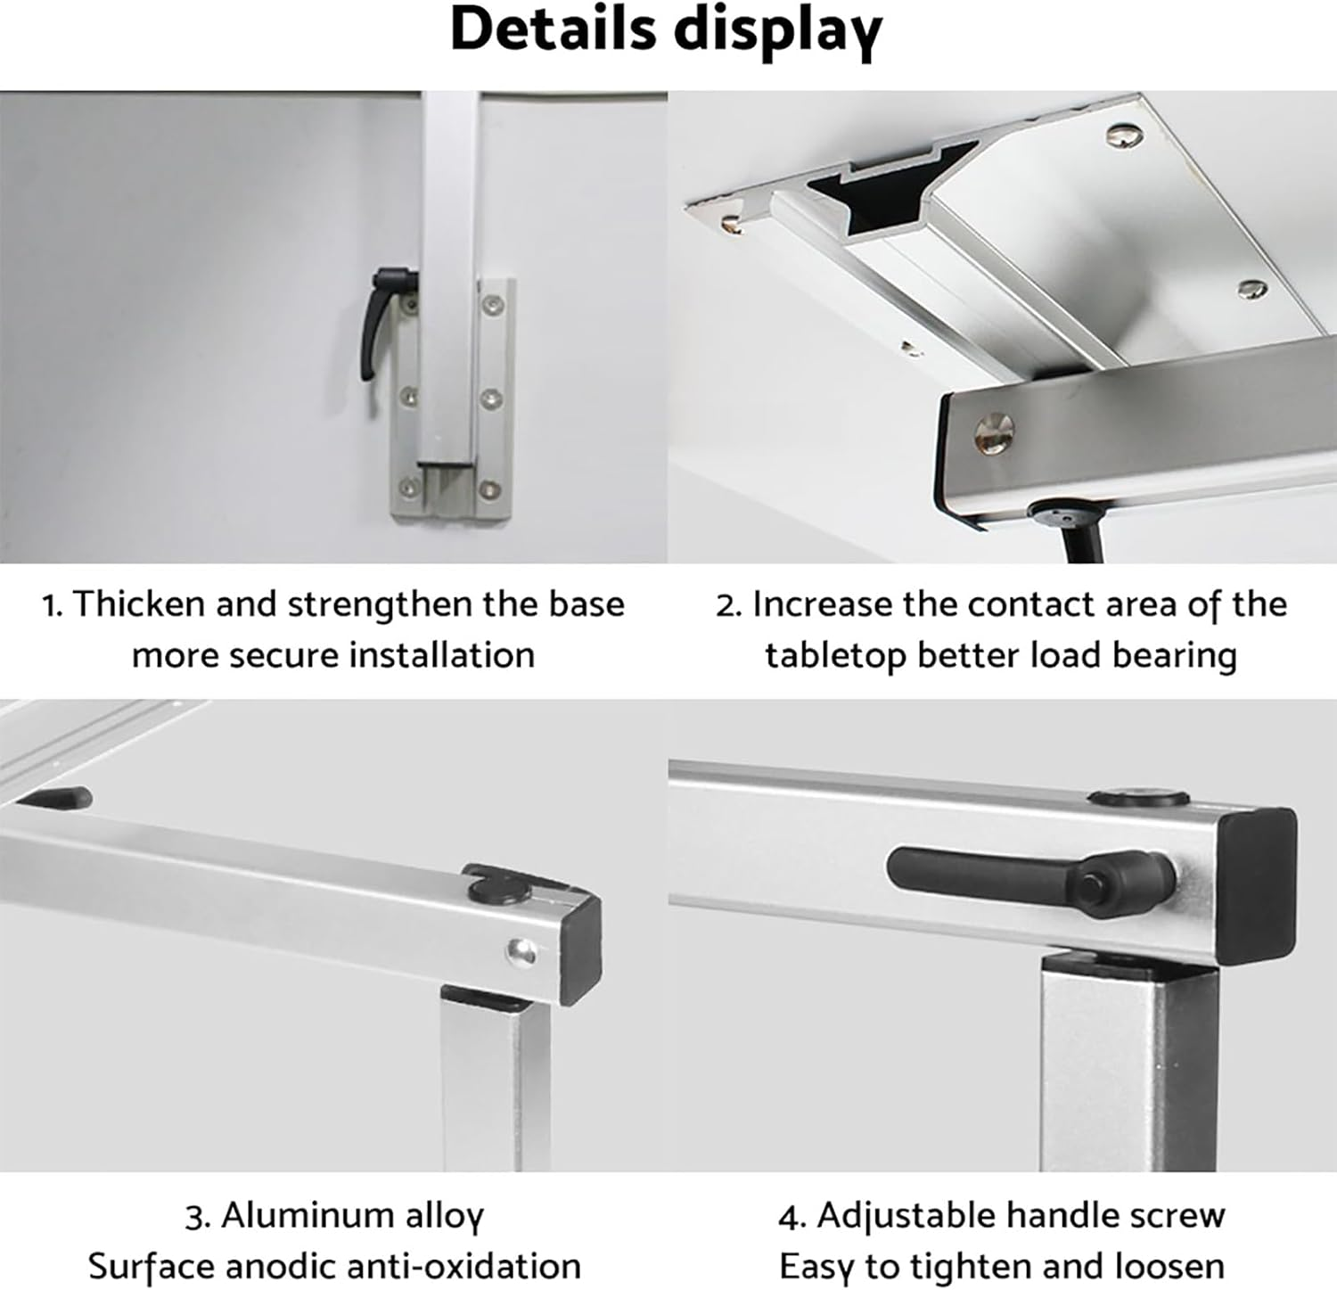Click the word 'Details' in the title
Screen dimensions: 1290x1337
coord(554,29)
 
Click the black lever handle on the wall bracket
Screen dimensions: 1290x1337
coord(372,322)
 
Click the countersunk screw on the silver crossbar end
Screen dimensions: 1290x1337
coord(997,432)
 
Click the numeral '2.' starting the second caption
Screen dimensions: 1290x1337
coord(728,605)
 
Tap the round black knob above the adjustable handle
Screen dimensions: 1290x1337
coord(1141,799)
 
